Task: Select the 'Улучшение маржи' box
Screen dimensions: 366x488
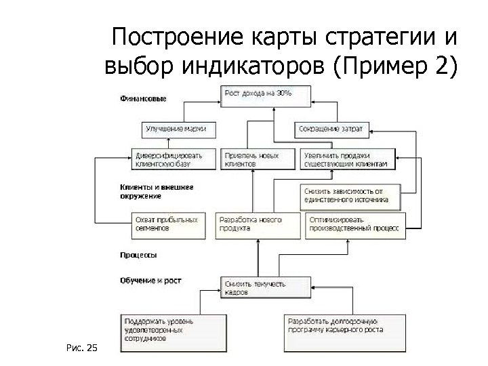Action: click(x=176, y=127)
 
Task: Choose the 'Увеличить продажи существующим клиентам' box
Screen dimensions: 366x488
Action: click(x=347, y=159)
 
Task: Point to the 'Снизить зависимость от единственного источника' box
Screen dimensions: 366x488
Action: click(x=348, y=195)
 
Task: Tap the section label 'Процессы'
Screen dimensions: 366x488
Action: click(x=138, y=256)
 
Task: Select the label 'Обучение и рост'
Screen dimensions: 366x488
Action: click(x=150, y=279)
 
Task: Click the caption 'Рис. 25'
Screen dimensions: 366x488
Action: click(x=83, y=348)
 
